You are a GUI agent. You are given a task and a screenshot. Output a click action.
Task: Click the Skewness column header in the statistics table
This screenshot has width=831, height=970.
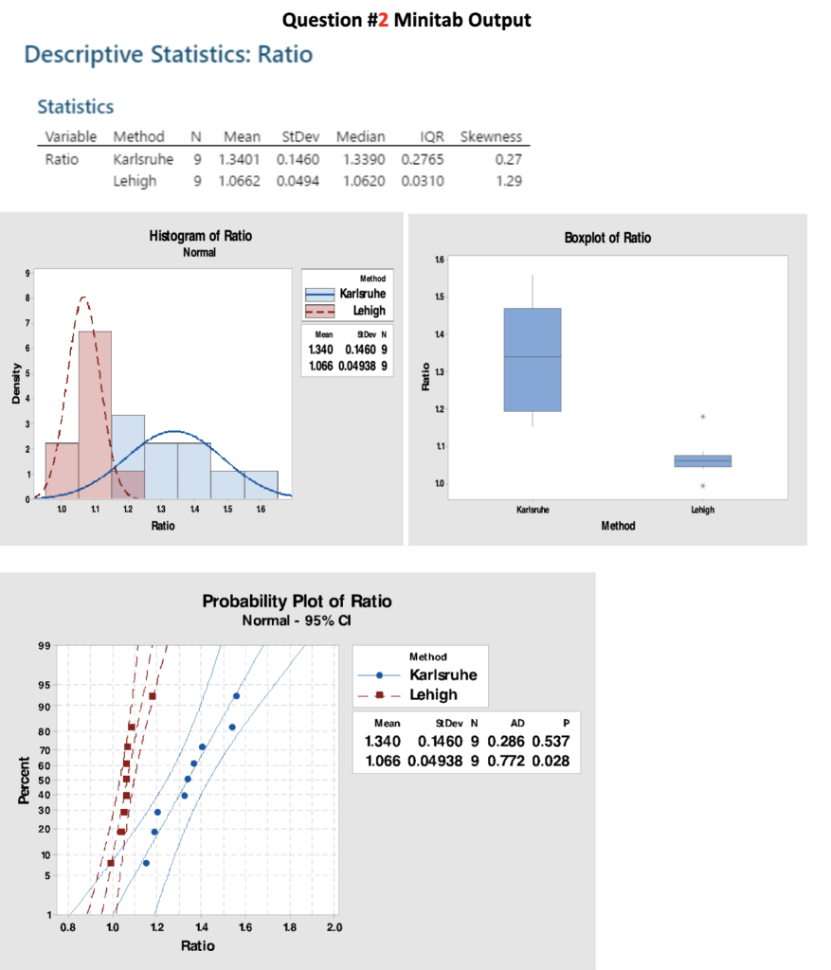point(491,136)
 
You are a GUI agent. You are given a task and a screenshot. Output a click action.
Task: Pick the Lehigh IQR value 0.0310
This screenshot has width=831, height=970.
point(424,181)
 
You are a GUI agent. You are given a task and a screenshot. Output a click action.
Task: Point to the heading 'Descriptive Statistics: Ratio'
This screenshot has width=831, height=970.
point(168,54)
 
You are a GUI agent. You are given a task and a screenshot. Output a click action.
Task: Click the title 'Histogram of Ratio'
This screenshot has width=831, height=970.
point(201,235)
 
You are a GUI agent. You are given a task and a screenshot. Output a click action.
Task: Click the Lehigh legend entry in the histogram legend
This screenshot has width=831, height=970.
point(365,311)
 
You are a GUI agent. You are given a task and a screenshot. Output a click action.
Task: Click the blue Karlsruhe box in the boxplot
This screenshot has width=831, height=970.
point(532,360)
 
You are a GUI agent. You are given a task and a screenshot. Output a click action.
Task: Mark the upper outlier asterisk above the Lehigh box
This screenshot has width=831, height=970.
point(702,417)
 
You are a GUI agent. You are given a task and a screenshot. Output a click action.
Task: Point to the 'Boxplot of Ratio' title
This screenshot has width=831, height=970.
point(607,238)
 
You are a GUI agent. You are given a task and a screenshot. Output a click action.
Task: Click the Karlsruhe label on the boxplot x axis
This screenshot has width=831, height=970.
point(532,509)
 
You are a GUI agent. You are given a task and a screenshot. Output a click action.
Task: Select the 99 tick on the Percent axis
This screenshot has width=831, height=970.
point(45,647)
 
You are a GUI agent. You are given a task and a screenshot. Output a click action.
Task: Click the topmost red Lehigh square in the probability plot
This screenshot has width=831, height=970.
point(152,696)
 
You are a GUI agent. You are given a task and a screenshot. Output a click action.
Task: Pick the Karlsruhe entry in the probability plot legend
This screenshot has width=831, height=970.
point(443,674)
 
